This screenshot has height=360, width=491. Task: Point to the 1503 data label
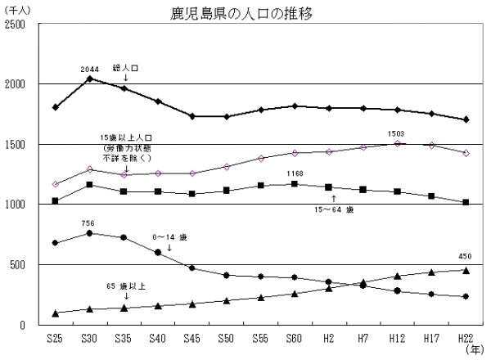point(396,133)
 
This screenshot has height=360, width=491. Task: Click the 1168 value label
point(295,173)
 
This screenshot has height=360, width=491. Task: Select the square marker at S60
point(295,184)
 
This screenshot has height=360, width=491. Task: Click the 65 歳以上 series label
point(124,288)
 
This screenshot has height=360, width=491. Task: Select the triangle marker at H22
point(466,270)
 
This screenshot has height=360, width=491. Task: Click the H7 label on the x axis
point(363,337)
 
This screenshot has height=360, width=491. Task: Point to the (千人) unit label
point(17,9)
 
